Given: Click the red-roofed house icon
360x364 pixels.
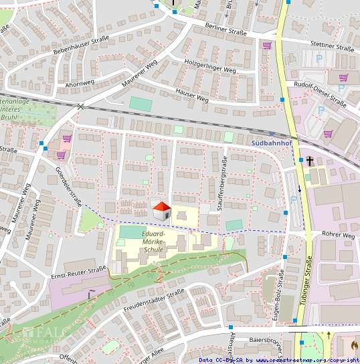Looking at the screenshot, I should coord(161,211).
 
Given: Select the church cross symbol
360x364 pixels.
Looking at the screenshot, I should coord(310,161).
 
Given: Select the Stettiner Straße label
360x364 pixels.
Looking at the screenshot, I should coord(332,47).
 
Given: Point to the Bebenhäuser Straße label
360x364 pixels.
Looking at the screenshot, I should coord(81,45).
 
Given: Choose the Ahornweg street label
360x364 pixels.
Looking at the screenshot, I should coord(80,84).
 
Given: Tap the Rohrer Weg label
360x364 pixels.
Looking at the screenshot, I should coord(338,235).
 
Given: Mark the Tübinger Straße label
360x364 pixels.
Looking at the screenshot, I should coord(308,284).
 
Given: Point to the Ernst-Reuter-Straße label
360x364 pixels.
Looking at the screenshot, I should coord(78,272).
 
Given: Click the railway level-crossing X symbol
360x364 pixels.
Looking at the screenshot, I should coord(80,106).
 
